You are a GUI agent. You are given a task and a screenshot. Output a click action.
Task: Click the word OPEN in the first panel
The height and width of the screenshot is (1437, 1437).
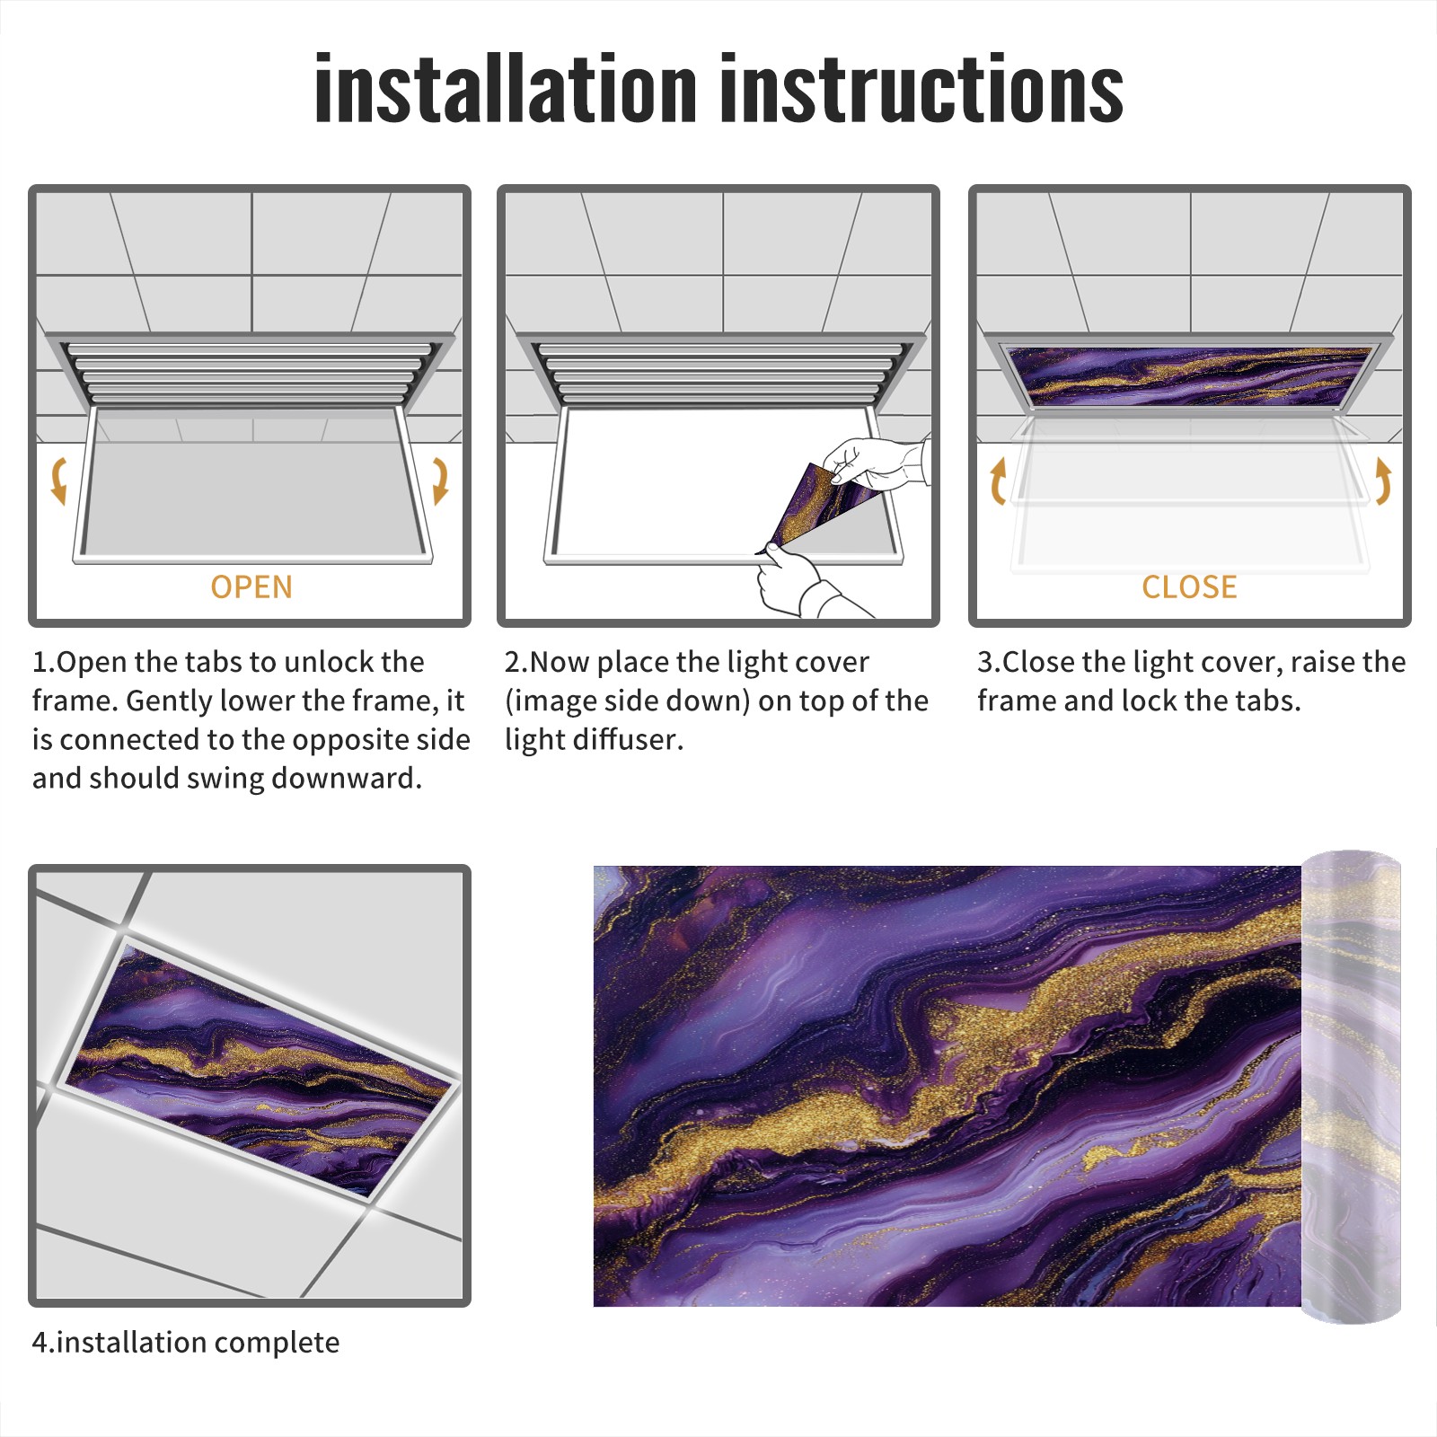pyautogui.click(x=251, y=587)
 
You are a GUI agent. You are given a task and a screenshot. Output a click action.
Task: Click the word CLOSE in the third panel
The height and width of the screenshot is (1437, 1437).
pyautogui.click(x=1189, y=587)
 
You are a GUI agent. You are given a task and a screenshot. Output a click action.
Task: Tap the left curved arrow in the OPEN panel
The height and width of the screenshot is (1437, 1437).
pyautogui.click(x=58, y=480)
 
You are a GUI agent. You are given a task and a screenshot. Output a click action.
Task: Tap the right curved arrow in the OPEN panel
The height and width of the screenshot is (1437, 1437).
pyautogui.click(x=440, y=480)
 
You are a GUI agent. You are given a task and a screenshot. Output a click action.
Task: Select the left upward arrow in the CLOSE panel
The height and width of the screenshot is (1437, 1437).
pyautogui.click(x=998, y=480)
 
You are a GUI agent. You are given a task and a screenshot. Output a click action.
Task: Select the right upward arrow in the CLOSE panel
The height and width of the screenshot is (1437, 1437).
pyautogui.click(x=1383, y=480)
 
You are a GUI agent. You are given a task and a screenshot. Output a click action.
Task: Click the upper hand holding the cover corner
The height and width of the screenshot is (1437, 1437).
pyautogui.click(x=876, y=463)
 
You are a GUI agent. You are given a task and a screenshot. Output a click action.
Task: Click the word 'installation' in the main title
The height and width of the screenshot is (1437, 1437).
pyautogui.click(x=506, y=88)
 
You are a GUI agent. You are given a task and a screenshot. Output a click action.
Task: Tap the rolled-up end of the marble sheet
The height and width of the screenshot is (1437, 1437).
pyautogui.click(x=1352, y=1086)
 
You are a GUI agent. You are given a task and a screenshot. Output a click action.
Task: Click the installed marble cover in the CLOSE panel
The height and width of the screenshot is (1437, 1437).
pyautogui.click(x=1190, y=376)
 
